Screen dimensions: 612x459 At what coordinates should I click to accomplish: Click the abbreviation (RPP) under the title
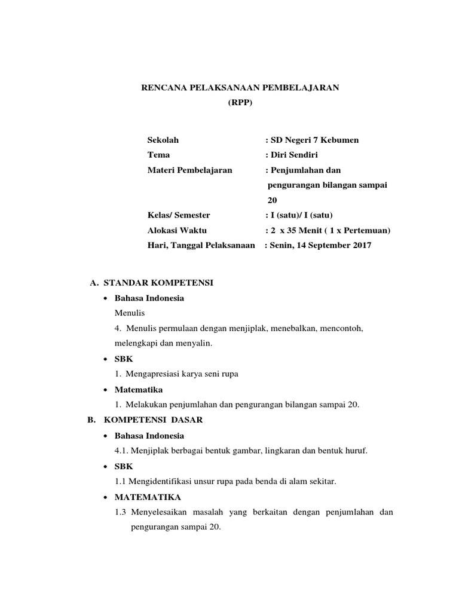click(x=240, y=103)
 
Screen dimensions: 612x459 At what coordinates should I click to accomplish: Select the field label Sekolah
click(x=163, y=140)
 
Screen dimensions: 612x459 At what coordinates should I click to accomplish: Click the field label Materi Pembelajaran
click(x=189, y=170)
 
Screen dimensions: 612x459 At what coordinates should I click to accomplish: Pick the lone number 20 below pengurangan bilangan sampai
click(x=273, y=200)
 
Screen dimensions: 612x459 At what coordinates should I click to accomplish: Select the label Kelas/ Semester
click(x=179, y=215)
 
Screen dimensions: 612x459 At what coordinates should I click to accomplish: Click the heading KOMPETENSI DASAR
click(x=154, y=420)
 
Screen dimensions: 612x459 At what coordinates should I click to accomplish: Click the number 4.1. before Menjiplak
click(x=122, y=451)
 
